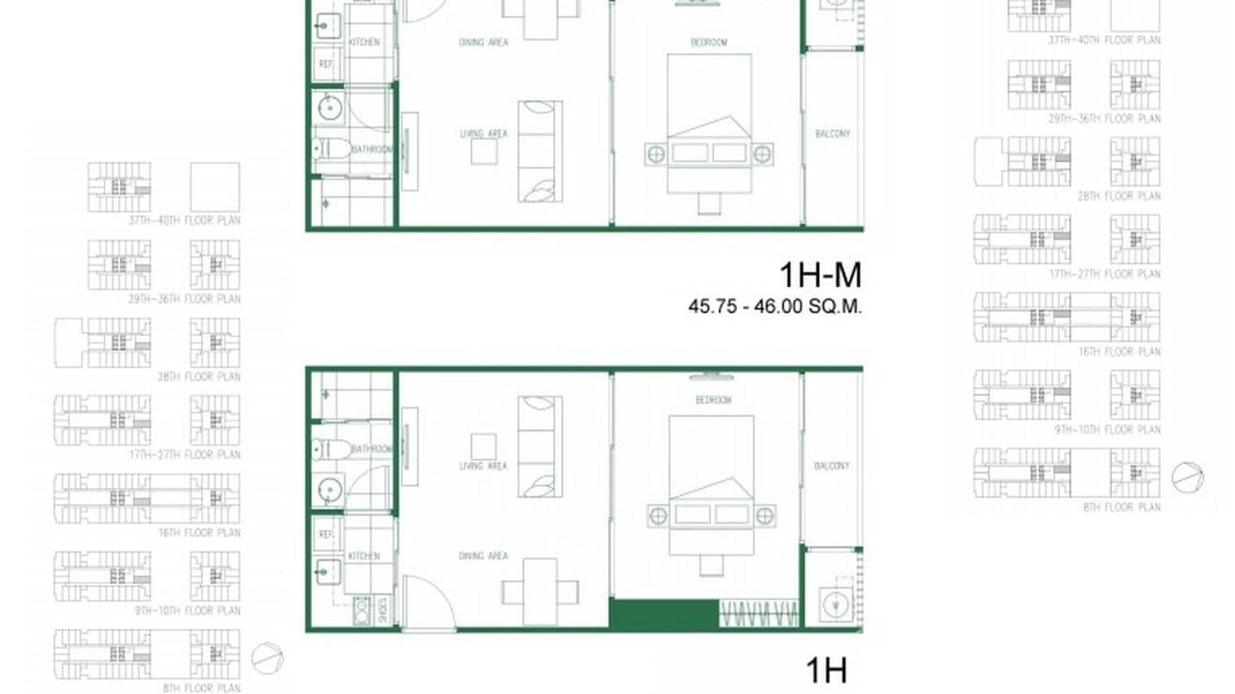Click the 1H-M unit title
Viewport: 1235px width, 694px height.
[x=819, y=275]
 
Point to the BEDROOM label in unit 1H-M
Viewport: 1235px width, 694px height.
[x=709, y=42]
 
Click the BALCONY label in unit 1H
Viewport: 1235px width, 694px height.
[x=832, y=467]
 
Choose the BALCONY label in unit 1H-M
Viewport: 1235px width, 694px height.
[x=832, y=133]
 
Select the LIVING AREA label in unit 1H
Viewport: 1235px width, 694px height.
[x=483, y=467]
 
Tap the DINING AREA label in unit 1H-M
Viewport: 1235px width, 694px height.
[x=483, y=42]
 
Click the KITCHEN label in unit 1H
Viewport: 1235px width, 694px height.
[x=364, y=556]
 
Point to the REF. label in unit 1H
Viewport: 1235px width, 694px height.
[x=325, y=533]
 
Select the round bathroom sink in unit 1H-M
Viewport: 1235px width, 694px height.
[x=329, y=110]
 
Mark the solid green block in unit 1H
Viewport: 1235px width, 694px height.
[x=664, y=615]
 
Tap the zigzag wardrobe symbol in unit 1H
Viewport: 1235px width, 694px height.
[x=759, y=614]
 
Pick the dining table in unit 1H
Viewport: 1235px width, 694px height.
[x=540, y=591]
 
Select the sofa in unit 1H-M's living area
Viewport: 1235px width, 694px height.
[x=539, y=152]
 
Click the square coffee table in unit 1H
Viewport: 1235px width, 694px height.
[x=484, y=446]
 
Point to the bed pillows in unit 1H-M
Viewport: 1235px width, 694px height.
[x=709, y=153]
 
